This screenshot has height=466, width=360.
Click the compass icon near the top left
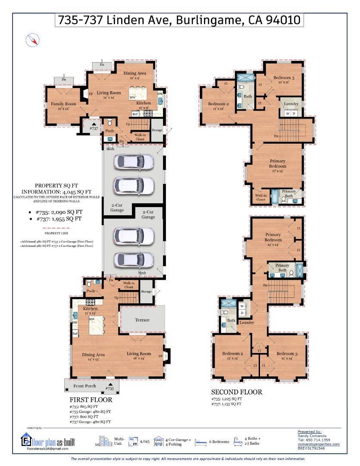coord(33,41)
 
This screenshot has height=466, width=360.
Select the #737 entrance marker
coord(94,126)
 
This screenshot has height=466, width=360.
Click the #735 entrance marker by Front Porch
coord(110,387)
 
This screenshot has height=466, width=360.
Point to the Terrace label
coord(142,320)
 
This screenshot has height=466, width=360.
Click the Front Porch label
coord(85,386)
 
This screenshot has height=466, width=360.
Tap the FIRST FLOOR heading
coord(91,400)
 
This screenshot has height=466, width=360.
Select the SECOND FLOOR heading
coord(236,392)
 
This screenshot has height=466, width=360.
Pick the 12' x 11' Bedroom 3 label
coord(284,80)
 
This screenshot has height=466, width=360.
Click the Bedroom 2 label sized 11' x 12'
coord(219,106)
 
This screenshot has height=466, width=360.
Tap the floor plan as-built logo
coord(47,440)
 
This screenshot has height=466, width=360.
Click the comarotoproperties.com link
coord(318,444)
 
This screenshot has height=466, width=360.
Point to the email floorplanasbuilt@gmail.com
coord(47,449)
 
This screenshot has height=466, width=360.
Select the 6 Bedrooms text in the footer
coord(221,442)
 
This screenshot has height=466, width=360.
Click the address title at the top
coord(179,20)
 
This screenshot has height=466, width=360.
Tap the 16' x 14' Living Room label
coord(139,356)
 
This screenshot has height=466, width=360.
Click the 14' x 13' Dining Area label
coord(94,356)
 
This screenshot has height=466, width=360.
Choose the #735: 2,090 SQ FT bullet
coord(58,212)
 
